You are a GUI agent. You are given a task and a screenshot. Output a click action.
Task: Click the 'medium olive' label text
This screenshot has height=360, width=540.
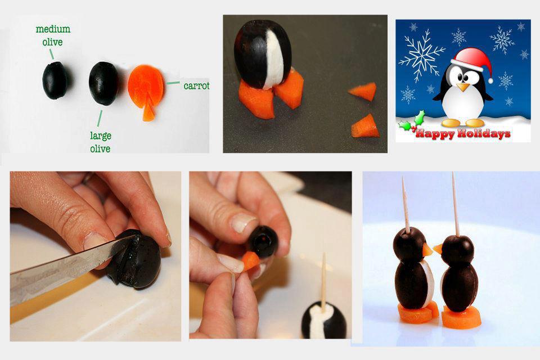[53, 35]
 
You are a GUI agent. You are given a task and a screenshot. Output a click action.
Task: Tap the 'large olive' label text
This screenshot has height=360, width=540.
[101, 142]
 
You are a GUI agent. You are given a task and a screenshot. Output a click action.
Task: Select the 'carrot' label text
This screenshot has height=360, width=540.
[196, 85]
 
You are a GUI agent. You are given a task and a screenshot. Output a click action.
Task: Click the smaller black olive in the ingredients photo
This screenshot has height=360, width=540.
[55, 80]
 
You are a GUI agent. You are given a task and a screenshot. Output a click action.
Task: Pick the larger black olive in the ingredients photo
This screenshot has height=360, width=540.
[103, 83]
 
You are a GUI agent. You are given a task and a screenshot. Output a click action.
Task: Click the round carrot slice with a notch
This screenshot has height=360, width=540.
[145, 88]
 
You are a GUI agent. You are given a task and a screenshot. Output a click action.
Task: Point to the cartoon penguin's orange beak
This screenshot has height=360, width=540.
[463, 87]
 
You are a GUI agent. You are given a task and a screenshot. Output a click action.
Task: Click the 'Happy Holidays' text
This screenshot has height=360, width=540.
[462, 134]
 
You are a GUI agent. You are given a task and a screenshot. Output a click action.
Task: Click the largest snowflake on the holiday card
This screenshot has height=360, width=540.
[421, 55]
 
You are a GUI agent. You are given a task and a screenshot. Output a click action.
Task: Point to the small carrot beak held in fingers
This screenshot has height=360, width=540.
[250, 261]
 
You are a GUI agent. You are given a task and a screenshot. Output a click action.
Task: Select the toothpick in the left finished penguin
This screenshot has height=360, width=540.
[406, 205]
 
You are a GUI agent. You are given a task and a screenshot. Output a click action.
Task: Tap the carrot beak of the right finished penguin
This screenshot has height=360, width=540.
[438, 249]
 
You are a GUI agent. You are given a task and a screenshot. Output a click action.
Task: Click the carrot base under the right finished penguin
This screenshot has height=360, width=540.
[461, 317]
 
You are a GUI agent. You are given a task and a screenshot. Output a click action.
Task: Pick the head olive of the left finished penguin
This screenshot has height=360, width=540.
[410, 245]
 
